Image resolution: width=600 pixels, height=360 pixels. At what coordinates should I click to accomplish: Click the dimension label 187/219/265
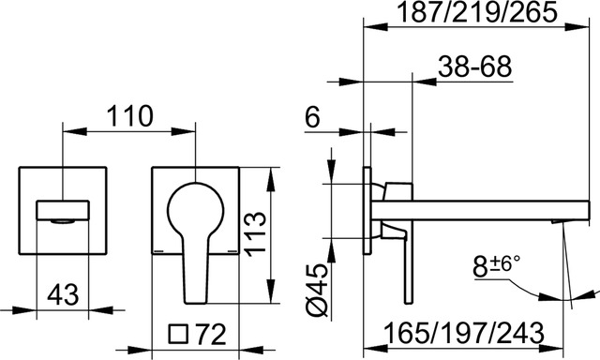476,12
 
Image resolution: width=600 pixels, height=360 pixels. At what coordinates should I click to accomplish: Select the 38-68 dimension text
474,67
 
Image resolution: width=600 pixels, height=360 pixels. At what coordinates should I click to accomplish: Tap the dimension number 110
129,116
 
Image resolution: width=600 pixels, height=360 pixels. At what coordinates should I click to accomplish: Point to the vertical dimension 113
255,233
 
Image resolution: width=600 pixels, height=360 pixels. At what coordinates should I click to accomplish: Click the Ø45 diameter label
318,292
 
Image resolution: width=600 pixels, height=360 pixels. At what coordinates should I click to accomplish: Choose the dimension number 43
63,294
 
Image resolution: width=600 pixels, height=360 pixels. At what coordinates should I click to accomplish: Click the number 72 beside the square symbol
210,334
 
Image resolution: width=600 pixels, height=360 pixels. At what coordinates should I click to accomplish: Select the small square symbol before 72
179,335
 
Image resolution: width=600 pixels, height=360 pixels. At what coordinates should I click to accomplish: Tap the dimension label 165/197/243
463,333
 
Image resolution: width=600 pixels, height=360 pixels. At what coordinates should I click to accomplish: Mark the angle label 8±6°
496,266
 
